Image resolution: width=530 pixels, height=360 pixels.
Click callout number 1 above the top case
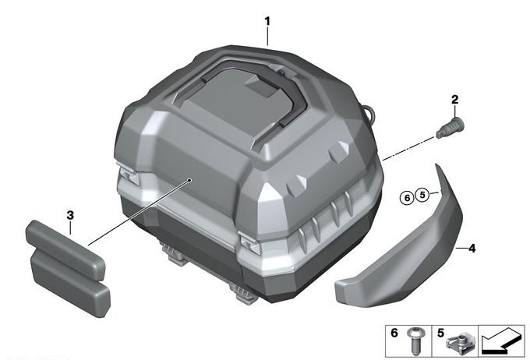267,22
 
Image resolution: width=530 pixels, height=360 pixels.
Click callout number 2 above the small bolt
455,100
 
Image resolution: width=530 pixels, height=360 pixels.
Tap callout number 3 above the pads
70,215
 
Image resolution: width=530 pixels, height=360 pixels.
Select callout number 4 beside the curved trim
472,249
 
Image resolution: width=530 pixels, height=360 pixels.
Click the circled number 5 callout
422,195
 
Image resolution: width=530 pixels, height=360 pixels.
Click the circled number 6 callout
407,197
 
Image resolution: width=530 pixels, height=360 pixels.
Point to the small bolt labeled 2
450,127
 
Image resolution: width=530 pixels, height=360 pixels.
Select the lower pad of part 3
70,284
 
